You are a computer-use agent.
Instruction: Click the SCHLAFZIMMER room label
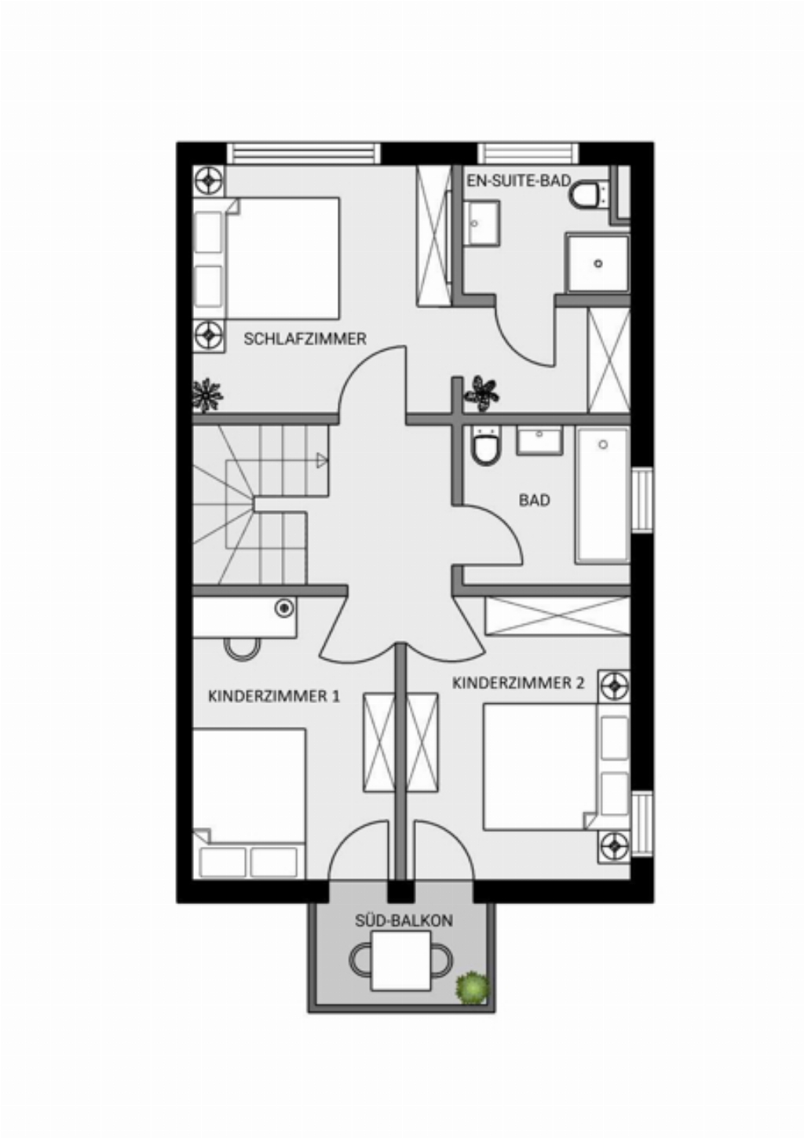click(x=305, y=338)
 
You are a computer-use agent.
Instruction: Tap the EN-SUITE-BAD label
click(x=519, y=181)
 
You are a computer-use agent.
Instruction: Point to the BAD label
click(x=534, y=501)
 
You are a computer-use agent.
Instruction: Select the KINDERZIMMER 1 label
click(x=274, y=695)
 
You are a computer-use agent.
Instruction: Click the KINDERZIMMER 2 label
click(x=518, y=683)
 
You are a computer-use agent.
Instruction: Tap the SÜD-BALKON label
click(x=404, y=921)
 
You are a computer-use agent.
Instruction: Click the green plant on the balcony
click(x=473, y=987)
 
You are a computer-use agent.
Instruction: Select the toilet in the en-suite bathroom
click(x=590, y=195)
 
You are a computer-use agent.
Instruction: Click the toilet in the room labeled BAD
click(x=486, y=445)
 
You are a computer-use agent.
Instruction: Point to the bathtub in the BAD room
click(x=602, y=495)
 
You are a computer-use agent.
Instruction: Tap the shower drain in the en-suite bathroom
click(x=598, y=264)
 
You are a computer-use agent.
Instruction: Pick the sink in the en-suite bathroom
click(x=484, y=223)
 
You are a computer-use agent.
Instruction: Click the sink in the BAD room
click(x=539, y=440)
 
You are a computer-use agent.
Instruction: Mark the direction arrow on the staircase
click(x=322, y=461)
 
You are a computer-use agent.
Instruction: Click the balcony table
click(x=401, y=961)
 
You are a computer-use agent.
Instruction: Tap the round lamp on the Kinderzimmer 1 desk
click(x=284, y=608)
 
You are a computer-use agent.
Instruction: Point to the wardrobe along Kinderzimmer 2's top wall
click(x=557, y=616)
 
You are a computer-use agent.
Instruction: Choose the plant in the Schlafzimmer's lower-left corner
click(x=207, y=395)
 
